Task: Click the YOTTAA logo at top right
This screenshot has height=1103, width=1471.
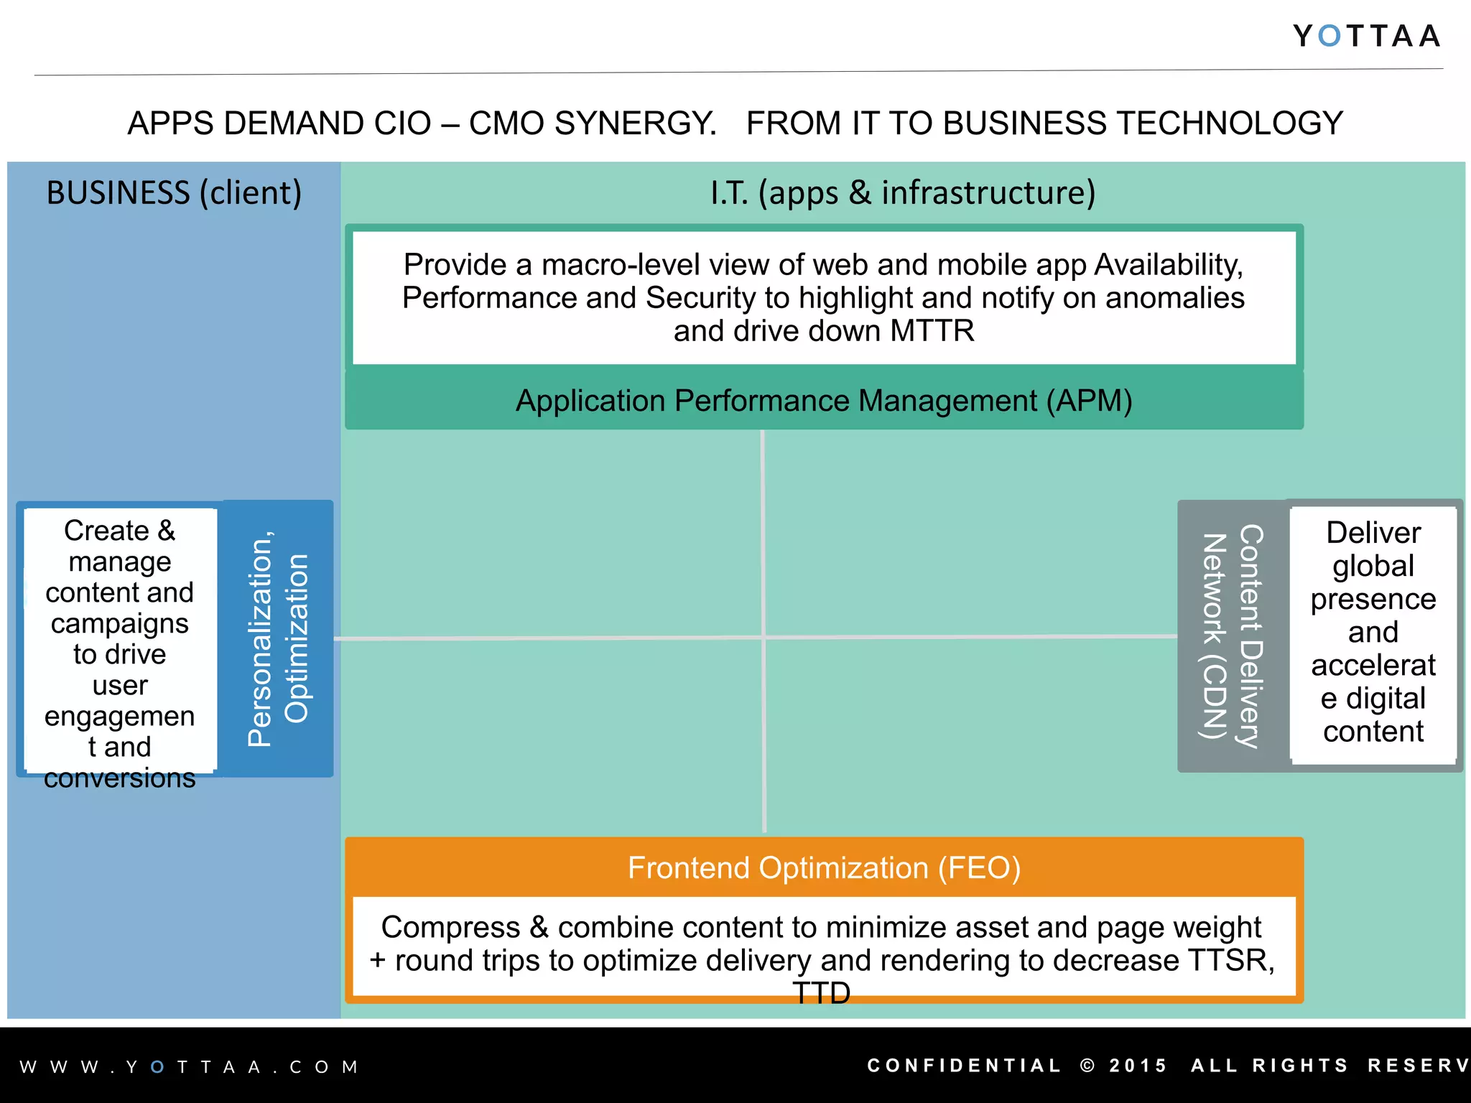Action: click(x=1366, y=36)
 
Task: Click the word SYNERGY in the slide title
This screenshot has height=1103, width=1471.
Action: click(x=636, y=124)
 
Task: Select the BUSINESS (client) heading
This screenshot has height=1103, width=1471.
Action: click(x=174, y=193)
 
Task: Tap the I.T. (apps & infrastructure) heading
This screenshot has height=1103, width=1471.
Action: click(x=903, y=193)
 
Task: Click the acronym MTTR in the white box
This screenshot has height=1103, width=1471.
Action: click(x=932, y=331)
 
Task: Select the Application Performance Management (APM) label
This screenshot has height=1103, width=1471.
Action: click(x=824, y=401)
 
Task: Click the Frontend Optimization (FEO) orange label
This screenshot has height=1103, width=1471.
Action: click(x=824, y=868)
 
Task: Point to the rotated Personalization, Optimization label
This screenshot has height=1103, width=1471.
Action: click(x=277, y=638)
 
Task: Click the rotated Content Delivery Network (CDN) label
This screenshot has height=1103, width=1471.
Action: click(x=1233, y=636)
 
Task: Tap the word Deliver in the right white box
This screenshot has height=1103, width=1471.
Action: click(x=1373, y=533)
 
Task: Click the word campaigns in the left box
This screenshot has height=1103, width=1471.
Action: click(x=119, y=623)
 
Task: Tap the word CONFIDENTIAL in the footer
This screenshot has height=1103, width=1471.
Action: click(x=964, y=1066)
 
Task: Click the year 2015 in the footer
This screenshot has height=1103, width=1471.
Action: click(x=1138, y=1066)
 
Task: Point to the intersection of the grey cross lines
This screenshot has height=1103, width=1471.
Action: click(x=764, y=637)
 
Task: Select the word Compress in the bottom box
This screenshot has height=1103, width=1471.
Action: click(x=450, y=927)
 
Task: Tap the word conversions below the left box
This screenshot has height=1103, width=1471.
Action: click(x=119, y=778)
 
